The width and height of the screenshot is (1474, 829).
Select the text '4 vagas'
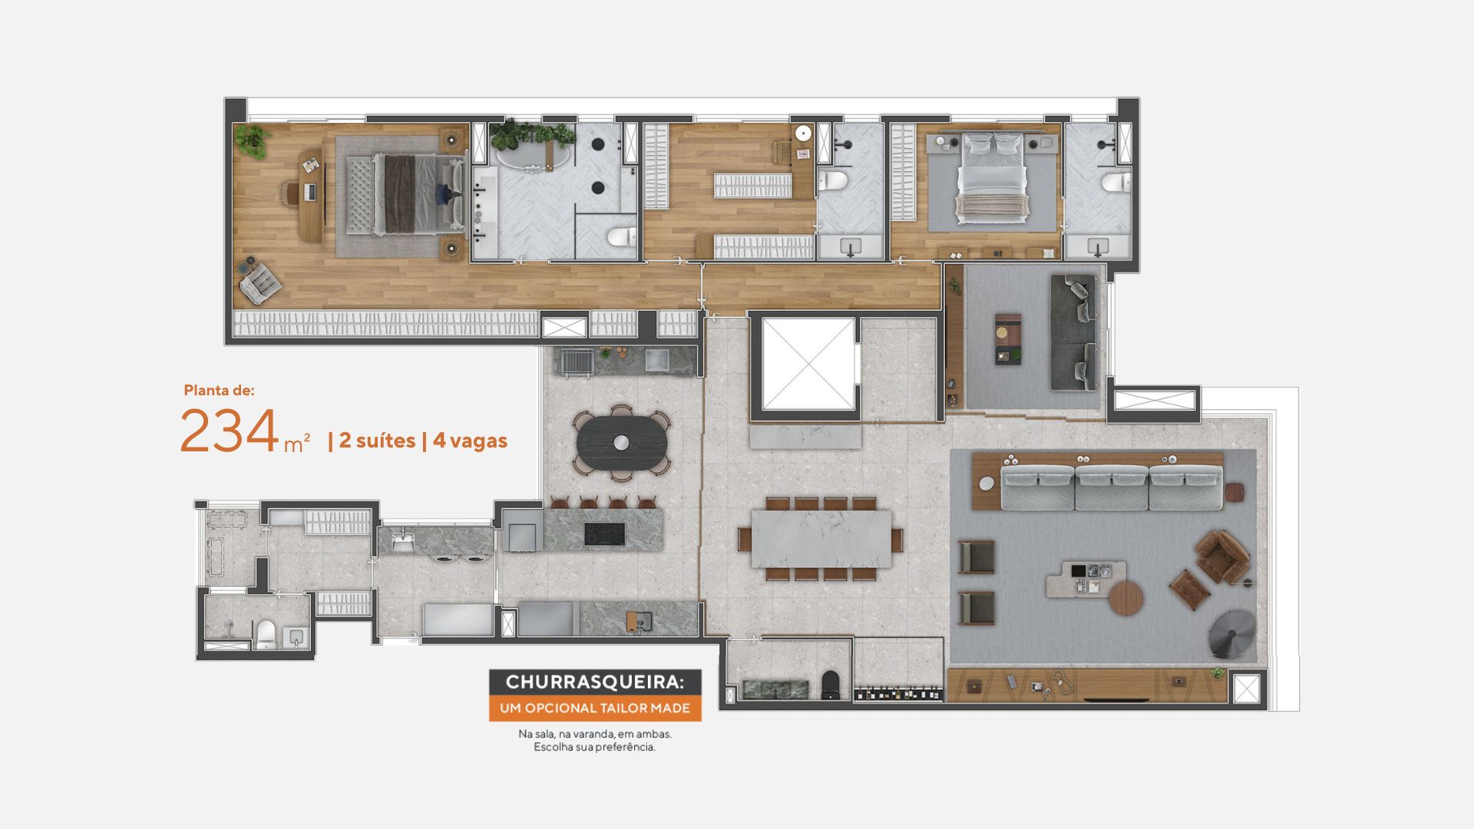click(470, 441)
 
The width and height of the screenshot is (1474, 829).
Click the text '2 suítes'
click(377, 441)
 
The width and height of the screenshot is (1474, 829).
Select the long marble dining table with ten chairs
click(821, 538)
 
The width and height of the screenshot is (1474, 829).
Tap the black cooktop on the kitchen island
click(604, 533)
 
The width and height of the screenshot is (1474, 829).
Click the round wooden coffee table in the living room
click(1126, 598)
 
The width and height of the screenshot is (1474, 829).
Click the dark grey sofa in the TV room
click(1074, 332)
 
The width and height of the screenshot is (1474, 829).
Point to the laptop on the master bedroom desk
click(312, 191)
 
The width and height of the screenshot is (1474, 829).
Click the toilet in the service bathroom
click(266, 633)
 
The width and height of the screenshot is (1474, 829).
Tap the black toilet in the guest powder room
click(831, 685)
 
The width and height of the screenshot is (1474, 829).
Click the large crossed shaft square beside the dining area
click(808, 365)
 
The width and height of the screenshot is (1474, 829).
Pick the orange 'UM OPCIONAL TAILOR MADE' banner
click(595, 708)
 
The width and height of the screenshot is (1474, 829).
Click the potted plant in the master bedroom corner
click(253, 140)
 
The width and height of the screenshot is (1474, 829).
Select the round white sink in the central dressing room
click(804, 134)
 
